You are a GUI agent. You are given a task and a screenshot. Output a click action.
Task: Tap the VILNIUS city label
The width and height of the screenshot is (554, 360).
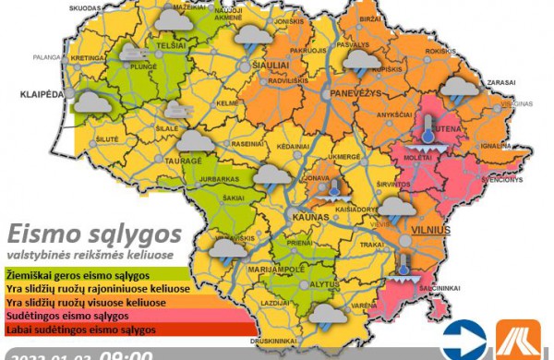coord(432,228)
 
